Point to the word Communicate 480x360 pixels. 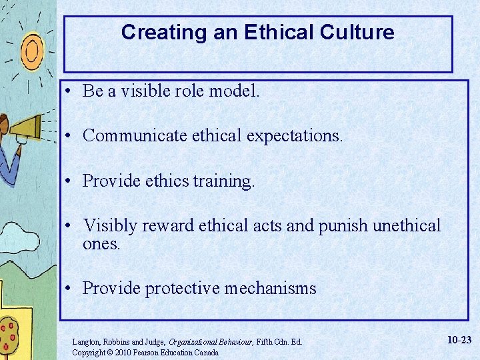135,136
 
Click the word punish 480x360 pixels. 343,225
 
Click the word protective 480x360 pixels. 182,288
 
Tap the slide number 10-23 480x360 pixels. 459,340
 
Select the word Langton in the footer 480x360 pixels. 87,341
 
